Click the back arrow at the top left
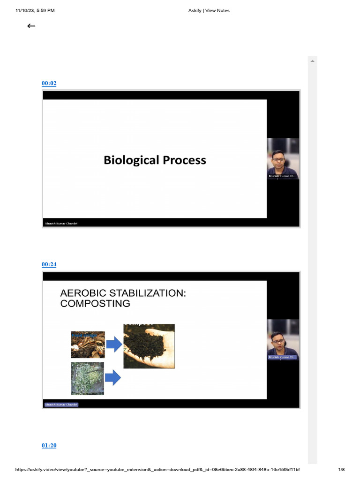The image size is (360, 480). click(31, 26)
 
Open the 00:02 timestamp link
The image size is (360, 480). click(49, 83)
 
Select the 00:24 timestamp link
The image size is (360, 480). click(49, 264)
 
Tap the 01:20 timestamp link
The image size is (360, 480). click(49, 445)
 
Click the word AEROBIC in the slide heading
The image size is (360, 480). click(86, 293)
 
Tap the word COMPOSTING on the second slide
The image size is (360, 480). click(95, 303)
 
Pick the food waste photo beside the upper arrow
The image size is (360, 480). click(88, 345)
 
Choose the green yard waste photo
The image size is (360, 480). click(88, 378)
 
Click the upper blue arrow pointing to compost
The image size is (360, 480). click(114, 345)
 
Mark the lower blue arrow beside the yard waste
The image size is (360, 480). click(113, 377)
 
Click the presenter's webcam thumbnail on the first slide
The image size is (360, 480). click(283, 158)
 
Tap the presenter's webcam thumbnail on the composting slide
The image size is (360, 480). click(283, 339)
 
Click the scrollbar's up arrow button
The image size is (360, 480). click(312, 61)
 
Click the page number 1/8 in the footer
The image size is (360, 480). click(341, 470)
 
